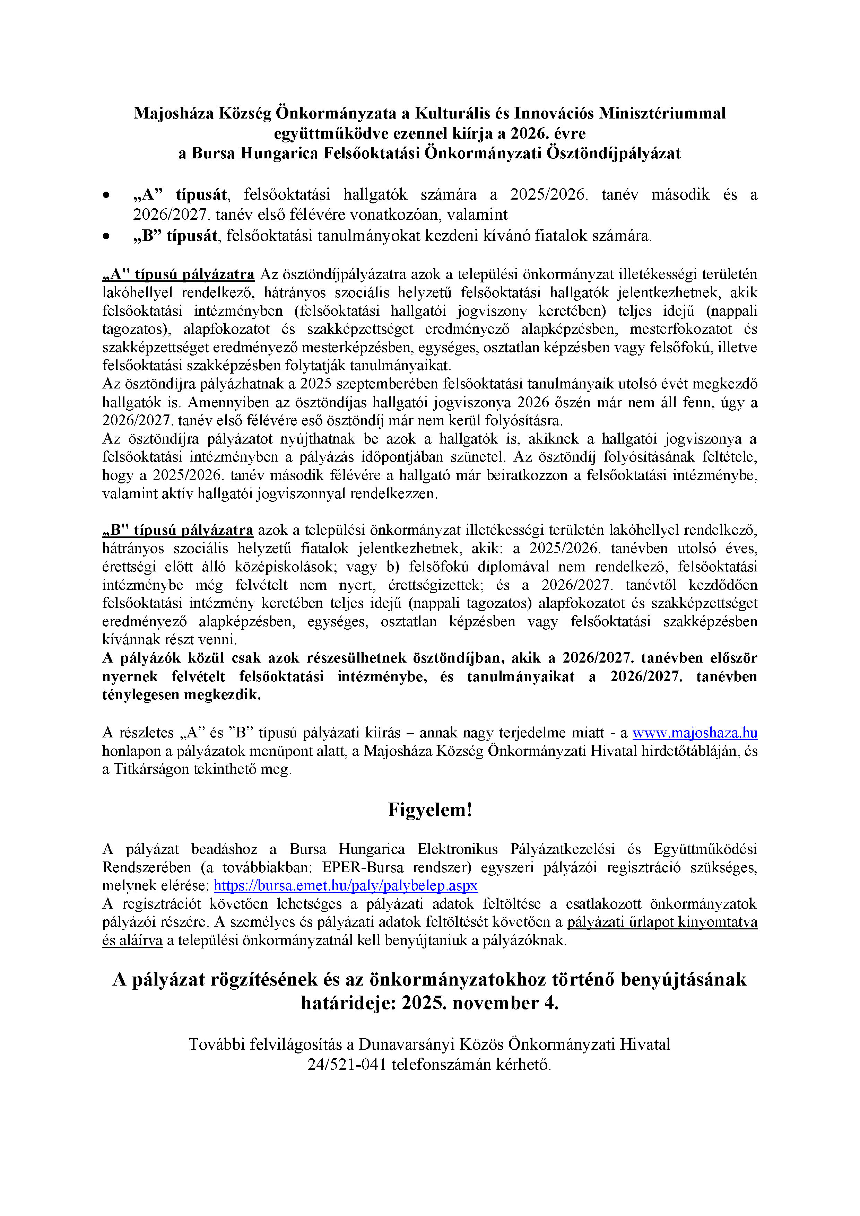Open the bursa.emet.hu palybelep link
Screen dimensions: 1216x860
pyautogui.click(x=346, y=885)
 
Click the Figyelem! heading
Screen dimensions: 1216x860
pyautogui.click(x=430, y=810)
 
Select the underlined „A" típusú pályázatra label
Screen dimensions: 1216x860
pyautogui.click(x=179, y=274)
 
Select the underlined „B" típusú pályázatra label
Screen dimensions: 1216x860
pyautogui.click(x=178, y=530)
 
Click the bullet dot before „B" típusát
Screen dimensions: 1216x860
pyautogui.click(x=107, y=236)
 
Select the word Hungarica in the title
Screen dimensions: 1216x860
pyautogui.click(x=279, y=154)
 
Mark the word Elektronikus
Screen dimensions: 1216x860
pyautogui.click(x=458, y=849)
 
